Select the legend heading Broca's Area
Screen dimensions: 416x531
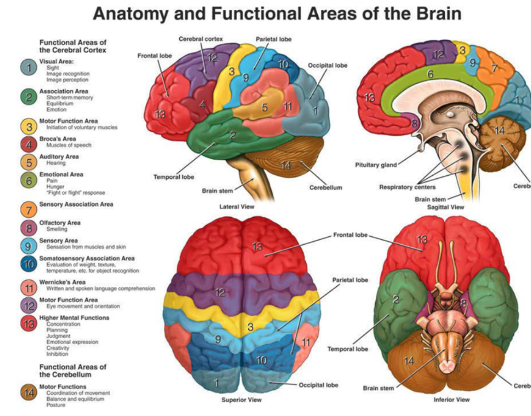tap(58, 139)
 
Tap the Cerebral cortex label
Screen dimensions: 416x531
tap(200, 39)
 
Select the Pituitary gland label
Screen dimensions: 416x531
tap(376, 165)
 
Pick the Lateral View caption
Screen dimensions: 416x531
tap(236, 207)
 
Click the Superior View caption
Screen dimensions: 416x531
tap(242, 400)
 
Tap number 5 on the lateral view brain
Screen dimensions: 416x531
tap(265, 107)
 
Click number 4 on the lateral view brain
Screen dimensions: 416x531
tap(202, 105)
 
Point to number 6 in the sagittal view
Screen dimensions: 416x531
tap(430, 75)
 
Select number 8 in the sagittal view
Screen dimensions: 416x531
tap(414, 124)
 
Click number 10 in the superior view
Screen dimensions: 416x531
tap(262, 360)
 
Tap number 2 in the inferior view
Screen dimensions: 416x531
tap(396, 300)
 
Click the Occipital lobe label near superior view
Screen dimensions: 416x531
tap(318, 385)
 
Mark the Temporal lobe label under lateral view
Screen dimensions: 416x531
tap(173, 177)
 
